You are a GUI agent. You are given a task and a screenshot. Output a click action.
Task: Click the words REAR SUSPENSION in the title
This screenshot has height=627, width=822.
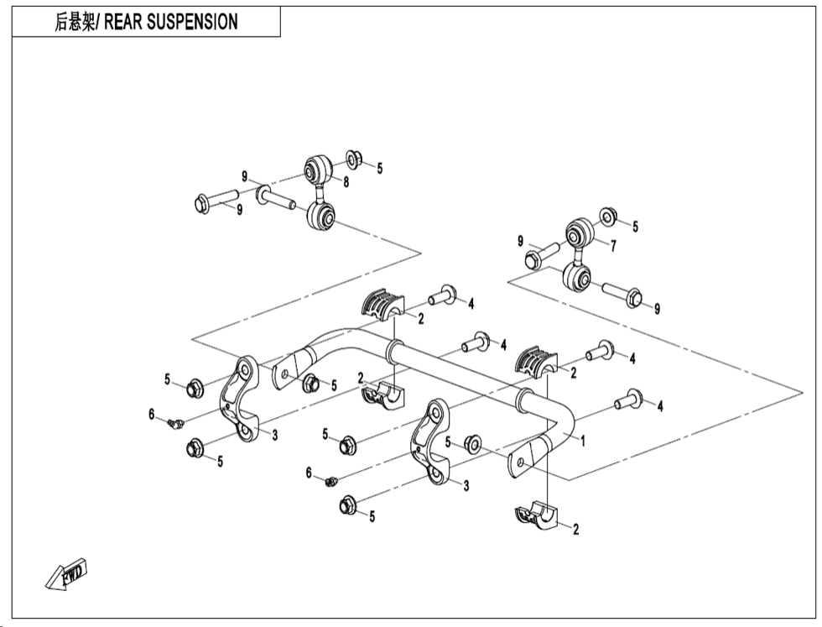coord(170,23)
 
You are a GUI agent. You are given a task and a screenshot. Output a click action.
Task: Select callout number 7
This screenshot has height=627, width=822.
coord(613,246)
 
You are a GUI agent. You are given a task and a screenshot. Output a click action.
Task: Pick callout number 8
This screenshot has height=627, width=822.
coord(346,180)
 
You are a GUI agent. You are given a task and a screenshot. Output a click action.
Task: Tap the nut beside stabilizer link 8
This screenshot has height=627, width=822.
coord(353,158)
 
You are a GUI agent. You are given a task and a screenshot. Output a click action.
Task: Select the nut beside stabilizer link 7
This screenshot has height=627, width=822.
coord(610,217)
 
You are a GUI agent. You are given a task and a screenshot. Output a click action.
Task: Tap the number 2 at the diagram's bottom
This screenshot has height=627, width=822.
coord(575,529)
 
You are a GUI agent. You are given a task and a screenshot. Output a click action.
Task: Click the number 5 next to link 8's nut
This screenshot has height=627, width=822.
coord(379,169)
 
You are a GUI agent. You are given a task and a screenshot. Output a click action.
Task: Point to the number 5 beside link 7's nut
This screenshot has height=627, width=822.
coord(635,226)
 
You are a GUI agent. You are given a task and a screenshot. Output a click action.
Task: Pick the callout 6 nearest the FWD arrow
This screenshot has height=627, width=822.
coord(152,413)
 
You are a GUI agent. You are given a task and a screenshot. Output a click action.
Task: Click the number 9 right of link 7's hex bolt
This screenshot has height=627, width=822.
coord(657,309)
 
